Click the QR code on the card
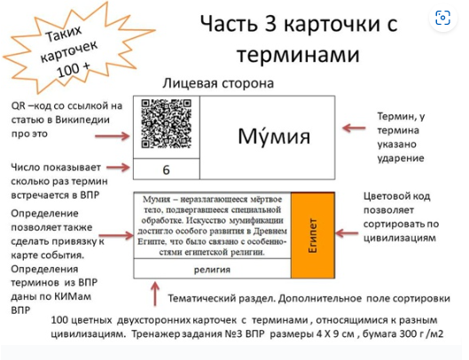[x=167, y=123]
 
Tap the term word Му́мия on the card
[x=274, y=136]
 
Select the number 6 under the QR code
[x=167, y=170]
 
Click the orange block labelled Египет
[x=313, y=236]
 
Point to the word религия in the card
[x=212, y=270]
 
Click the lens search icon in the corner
[x=442, y=18]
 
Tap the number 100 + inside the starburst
[x=73, y=69]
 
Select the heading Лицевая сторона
[x=218, y=83]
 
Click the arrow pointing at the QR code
[x=113, y=137]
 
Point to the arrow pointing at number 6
[x=118, y=167]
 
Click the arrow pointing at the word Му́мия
[x=354, y=128]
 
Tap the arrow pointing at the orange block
[x=347, y=233]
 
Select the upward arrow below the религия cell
[x=155, y=293]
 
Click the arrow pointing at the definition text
[x=116, y=236]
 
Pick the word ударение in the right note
[x=401, y=159]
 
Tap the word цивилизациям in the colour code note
[x=400, y=238]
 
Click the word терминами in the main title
[x=298, y=54]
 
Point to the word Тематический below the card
[x=201, y=299]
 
